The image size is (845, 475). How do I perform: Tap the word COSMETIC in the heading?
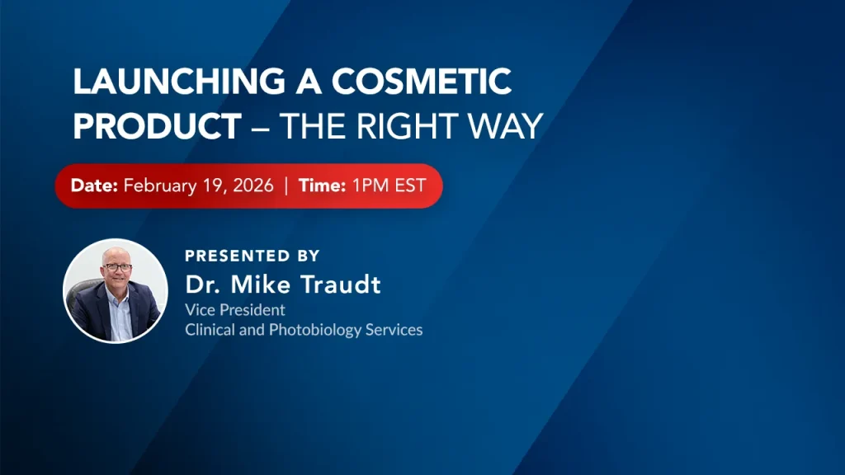click(422, 82)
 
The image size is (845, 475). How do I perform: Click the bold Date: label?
click(94, 186)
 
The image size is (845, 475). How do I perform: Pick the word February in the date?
click(160, 186)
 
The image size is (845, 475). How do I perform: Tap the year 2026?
click(253, 186)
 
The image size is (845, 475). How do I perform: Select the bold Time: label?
click(323, 186)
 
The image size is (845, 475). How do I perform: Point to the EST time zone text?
click(411, 186)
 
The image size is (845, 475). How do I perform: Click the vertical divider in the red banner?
click(286, 186)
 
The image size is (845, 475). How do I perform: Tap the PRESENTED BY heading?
click(253, 256)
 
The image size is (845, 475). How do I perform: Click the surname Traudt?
click(341, 285)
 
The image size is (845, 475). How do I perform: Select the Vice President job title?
click(235, 310)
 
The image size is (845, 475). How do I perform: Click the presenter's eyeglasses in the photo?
click(117, 267)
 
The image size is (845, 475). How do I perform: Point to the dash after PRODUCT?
click(260, 128)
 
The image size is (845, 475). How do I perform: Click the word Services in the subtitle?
click(394, 329)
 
